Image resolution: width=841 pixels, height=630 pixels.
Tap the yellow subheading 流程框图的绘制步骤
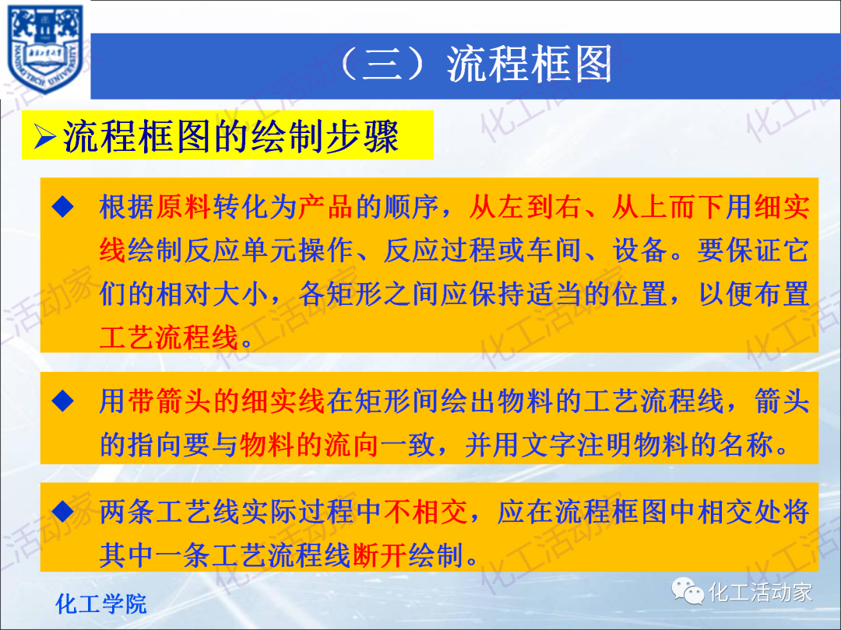pyautogui.click(x=230, y=138)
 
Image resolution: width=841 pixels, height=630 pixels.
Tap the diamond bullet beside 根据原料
pyautogui.click(x=63, y=207)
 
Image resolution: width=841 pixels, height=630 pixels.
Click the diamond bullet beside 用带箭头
pyautogui.click(x=63, y=401)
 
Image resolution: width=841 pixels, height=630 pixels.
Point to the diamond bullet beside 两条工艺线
pyautogui.click(x=63, y=512)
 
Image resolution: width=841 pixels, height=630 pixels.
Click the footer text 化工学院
pyautogui.click(x=101, y=603)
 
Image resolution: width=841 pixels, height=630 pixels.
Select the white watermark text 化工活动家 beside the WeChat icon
pyautogui.click(x=760, y=593)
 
